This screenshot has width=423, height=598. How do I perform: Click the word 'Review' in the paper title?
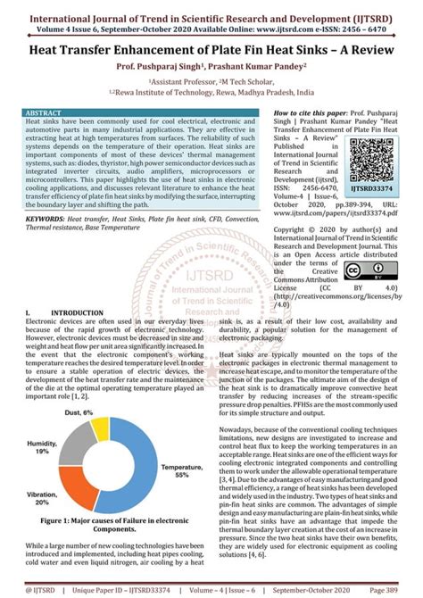click(348, 53)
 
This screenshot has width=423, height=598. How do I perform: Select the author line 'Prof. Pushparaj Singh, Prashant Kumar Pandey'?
click(211, 68)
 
